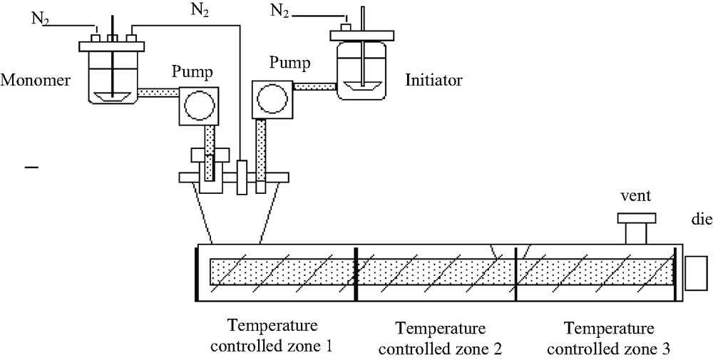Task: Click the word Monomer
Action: [x=35, y=81]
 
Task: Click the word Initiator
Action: [x=434, y=80]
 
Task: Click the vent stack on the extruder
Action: [x=636, y=230]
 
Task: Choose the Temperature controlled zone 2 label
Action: [x=440, y=339]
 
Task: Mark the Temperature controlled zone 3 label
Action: [x=608, y=339]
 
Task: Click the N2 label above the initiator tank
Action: [x=281, y=10]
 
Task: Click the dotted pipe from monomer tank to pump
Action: [x=157, y=93]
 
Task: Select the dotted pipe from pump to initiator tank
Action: [x=314, y=87]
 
